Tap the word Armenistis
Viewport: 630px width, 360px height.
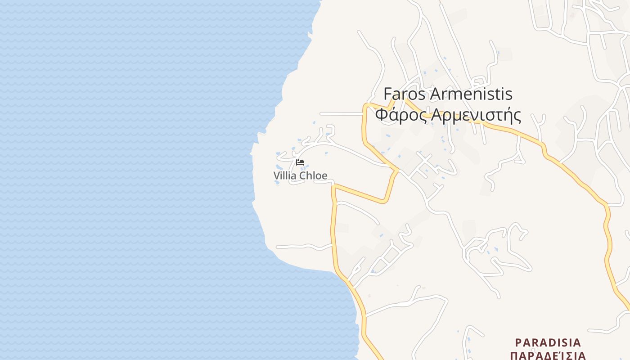click(471, 94)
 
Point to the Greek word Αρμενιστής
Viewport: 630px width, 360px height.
click(476, 116)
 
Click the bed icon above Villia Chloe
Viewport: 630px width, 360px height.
click(300, 162)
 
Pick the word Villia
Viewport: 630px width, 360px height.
click(285, 175)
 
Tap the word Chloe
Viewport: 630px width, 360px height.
click(313, 175)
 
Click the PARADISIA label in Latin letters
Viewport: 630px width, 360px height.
click(548, 342)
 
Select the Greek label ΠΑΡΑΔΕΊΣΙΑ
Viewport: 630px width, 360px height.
click(548, 355)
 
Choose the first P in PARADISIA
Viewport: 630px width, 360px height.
click(518, 342)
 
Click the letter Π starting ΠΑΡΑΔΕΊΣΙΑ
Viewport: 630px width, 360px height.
click(514, 355)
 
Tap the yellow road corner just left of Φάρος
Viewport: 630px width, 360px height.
click(366, 106)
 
